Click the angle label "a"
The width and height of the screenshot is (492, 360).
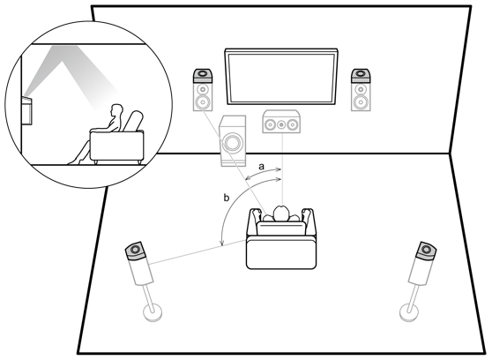[261, 167]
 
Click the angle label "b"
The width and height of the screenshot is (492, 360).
[227, 198]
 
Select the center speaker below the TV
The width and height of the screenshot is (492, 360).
[281, 122]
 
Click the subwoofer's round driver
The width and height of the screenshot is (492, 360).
[232, 142]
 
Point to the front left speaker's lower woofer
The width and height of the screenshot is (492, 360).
[203, 101]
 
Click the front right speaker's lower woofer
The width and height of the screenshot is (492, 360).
[361, 101]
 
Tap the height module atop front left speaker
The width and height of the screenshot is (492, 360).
[203, 75]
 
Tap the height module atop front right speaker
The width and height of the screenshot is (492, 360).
[361, 75]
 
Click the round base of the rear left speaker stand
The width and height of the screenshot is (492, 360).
[153, 312]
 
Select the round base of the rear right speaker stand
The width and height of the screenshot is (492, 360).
[409, 313]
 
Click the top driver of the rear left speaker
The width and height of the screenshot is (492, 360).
[135, 250]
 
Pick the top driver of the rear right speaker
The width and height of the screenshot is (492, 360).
[426, 250]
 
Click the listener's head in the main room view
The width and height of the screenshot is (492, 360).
[281, 214]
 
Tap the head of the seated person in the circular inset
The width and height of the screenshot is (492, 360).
[116, 110]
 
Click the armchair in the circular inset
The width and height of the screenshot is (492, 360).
[117, 139]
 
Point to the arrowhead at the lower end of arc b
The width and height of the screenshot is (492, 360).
[222, 244]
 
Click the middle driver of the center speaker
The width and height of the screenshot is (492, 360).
[281, 124]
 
